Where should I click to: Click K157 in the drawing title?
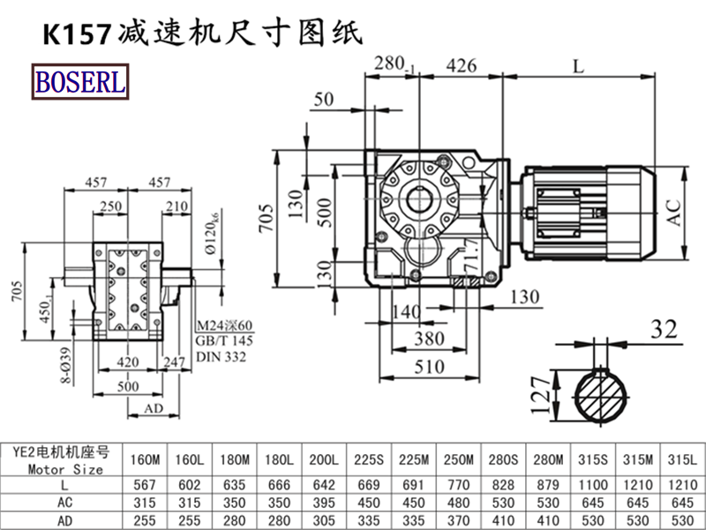[x=77, y=34]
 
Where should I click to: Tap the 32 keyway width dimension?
[x=663, y=329]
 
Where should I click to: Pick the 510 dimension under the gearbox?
[x=431, y=364]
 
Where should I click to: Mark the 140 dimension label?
[x=408, y=310]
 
